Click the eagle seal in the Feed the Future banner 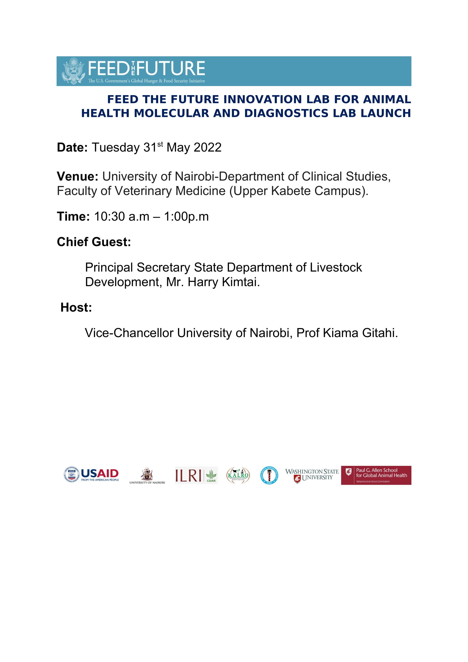pyautogui.click(x=73, y=71)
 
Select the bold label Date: pyautogui.click(x=72, y=148)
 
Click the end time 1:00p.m pyautogui.click(x=186, y=217)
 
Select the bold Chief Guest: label pyautogui.click(x=94, y=242)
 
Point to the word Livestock pyautogui.click(x=336, y=267)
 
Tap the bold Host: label pyautogui.click(x=76, y=308)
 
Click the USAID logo pyautogui.click(x=91, y=475)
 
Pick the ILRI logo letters pyautogui.click(x=188, y=475)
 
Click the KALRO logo pyautogui.click(x=238, y=475)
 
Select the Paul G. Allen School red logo pyautogui.click(x=376, y=475)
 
